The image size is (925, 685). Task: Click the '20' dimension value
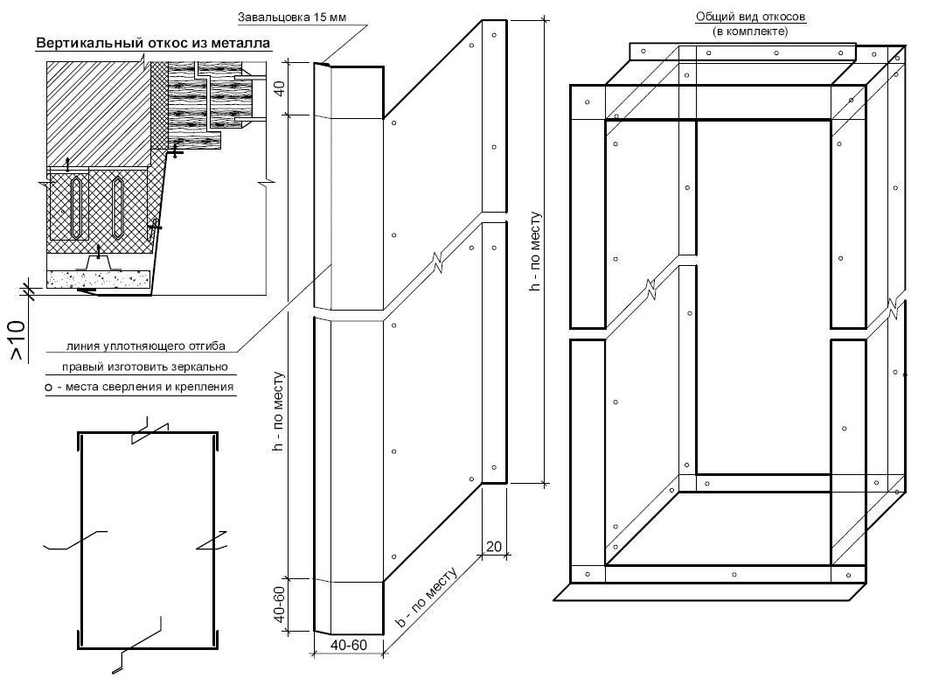(x=493, y=547)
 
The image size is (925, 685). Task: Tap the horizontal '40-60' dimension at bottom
(x=348, y=645)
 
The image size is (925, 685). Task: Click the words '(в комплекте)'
(x=750, y=31)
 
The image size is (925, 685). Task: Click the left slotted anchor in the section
(x=77, y=206)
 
